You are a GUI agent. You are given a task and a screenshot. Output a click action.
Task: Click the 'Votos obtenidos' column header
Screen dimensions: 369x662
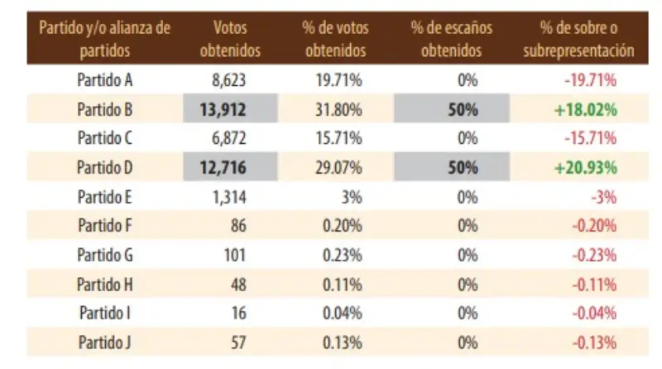(230, 39)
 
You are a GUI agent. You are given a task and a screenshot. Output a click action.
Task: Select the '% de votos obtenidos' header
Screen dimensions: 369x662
(335, 39)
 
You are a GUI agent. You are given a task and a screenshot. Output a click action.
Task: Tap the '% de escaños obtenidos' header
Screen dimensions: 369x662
(451, 39)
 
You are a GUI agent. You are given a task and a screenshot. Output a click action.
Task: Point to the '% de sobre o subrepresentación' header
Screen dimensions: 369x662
(578, 39)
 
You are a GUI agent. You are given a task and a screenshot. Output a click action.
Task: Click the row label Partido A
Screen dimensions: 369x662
(105, 80)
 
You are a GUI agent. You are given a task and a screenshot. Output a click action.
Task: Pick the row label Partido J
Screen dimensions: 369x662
(105, 342)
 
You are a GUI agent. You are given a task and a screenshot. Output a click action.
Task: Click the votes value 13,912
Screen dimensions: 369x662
(223, 109)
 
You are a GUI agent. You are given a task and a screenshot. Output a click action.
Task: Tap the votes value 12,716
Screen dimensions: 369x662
(223, 167)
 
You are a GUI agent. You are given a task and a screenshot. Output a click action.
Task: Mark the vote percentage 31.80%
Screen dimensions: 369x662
(342, 109)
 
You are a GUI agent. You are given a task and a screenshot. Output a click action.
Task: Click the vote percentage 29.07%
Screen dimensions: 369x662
(342, 167)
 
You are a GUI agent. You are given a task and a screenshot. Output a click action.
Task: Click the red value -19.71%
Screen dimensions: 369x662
(591, 80)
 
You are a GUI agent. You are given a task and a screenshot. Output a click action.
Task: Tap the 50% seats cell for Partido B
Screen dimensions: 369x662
(463, 109)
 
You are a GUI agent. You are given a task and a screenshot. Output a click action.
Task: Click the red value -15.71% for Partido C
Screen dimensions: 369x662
(591, 138)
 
